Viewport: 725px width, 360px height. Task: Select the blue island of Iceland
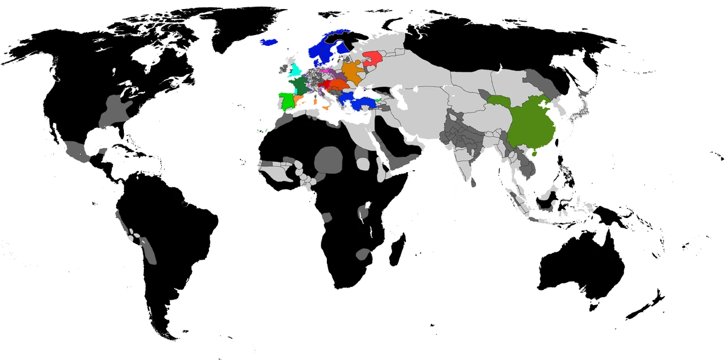[x=270, y=42]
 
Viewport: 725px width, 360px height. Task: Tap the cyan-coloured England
[x=295, y=70]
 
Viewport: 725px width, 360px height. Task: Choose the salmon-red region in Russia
[x=372, y=59]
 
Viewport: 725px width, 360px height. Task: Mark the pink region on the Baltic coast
[x=326, y=71]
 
